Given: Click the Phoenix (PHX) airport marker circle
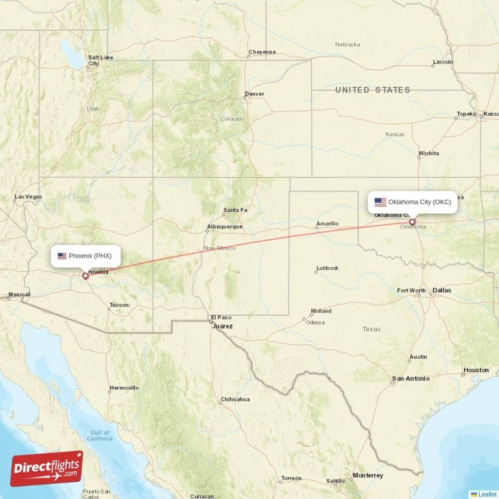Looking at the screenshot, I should point(85,275).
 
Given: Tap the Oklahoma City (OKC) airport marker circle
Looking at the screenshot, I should point(412,221).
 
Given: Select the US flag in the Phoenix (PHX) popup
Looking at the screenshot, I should point(62,256).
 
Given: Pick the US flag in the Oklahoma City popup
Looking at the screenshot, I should point(380,202).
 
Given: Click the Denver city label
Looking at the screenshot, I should point(254,94).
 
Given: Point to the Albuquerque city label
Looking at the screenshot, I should point(225,226).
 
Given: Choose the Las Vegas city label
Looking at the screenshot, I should point(28,196).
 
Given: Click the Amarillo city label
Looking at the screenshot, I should point(327,223).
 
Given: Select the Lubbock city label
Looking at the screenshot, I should point(327,268).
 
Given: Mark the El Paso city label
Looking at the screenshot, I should point(220,317).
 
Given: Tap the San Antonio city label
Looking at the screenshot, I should point(410,379).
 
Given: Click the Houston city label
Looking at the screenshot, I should point(476,370).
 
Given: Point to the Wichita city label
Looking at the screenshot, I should point(429,153).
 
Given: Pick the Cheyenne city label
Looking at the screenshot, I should point(261,52).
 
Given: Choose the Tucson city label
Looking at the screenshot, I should point(119,305).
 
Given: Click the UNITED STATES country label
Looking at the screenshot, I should point(372,90).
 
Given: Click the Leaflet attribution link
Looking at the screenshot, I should point(487,494).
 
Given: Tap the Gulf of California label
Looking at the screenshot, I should point(99,435).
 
